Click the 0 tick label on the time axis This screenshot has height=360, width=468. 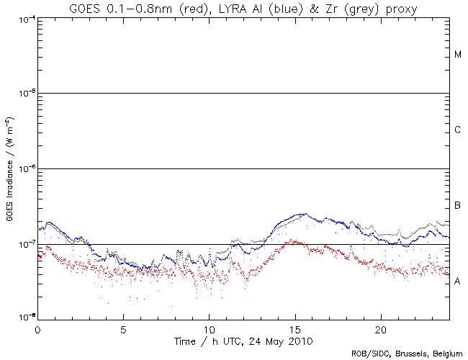tap(37, 328)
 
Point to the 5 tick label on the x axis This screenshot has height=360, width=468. tap(123, 328)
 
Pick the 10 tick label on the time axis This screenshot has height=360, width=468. tap(209, 328)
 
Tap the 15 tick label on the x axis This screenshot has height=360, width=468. tap(294, 328)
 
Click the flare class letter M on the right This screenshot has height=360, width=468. tap(458, 55)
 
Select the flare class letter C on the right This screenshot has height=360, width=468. tap(458, 130)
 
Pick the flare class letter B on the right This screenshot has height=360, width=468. tap(458, 206)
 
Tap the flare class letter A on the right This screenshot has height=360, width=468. tap(458, 282)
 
